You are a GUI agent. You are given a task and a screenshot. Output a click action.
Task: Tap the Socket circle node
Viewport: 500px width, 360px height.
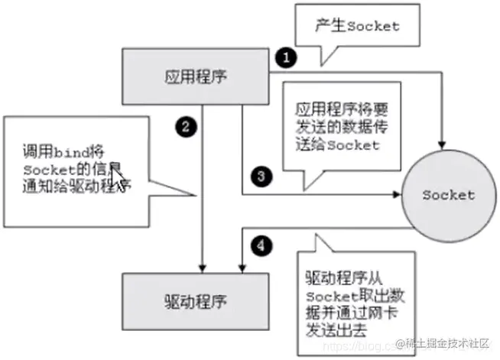click(x=448, y=195)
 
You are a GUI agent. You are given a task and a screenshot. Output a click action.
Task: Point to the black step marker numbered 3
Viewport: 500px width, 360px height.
click(x=261, y=177)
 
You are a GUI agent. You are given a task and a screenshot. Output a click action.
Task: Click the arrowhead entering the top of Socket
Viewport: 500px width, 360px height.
click(x=443, y=143)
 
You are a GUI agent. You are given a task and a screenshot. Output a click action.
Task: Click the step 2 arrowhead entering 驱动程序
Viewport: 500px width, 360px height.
click(x=201, y=267)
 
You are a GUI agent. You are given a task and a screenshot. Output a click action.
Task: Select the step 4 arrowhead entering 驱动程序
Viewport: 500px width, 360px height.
click(x=242, y=267)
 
